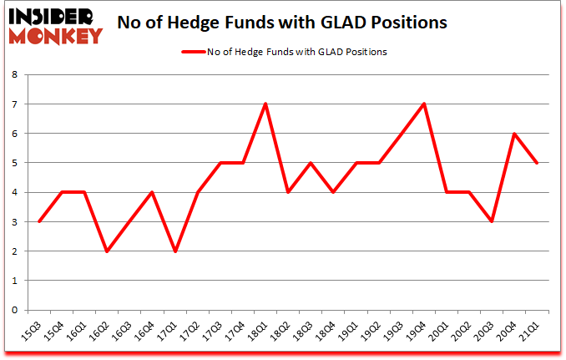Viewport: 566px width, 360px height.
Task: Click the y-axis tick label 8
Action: (x=14, y=74)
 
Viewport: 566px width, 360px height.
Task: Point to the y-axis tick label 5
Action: (x=14, y=163)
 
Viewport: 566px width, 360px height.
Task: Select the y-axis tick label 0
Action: (x=14, y=310)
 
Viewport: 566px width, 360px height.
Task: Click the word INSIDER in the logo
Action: (x=53, y=17)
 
